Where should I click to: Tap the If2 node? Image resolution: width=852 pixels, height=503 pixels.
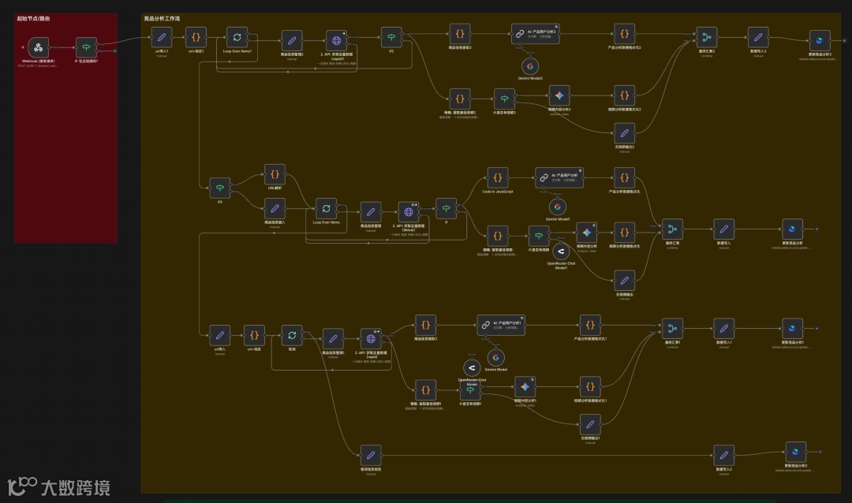point(391,37)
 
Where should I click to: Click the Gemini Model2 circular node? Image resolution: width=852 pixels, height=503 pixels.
point(531,65)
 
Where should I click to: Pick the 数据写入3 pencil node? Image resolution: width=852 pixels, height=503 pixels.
point(758,37)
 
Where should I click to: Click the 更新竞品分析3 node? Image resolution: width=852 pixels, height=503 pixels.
point(820,39)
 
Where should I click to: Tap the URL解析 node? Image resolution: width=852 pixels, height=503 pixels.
point(275,175)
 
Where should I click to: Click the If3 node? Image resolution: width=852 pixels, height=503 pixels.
point(219,188)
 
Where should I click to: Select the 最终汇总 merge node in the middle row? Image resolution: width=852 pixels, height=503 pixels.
point(673,229)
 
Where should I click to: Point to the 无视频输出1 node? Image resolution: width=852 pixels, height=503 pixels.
point(590,424)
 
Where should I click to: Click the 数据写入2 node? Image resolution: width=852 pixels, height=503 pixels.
point(723,454)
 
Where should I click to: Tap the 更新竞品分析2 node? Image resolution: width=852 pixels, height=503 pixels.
point(795,453)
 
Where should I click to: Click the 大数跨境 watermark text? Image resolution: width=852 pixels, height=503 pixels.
point(75,486)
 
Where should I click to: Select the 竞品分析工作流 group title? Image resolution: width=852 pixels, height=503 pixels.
point(161,17)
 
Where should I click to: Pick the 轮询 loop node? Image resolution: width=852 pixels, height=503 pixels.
point(293,335)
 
